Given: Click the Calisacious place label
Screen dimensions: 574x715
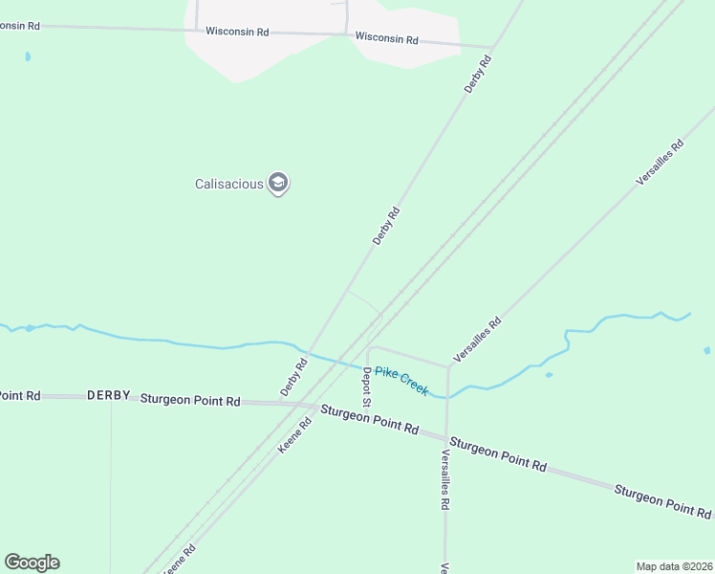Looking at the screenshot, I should (x=228, y=184).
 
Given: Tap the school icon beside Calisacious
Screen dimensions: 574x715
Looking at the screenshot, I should (x=278, y=183).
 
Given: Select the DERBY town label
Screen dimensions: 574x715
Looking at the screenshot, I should (x=108, y=395).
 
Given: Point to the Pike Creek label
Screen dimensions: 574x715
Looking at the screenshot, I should (x=401, y=381).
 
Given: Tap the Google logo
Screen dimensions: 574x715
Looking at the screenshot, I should (x=32, y=563).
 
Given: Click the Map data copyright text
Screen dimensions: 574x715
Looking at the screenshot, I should (x=674, y=566).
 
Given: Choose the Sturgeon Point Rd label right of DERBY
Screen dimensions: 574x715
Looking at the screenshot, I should (x=189, y=400).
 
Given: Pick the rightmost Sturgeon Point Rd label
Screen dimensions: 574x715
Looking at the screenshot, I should (x=662, y=501).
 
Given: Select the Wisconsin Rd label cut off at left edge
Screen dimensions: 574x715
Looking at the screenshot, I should (x=19, y=26).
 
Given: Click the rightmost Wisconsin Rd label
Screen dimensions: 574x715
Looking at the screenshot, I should (x=387, y=39).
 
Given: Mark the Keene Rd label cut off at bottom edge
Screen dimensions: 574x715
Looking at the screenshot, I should (x=181, y=558).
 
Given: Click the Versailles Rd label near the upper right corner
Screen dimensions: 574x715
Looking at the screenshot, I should (x=661, y=163).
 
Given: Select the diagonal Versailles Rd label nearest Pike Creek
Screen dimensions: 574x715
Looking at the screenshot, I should (x=477, y=340).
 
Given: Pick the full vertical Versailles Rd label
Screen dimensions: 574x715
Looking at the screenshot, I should (x=444, y=479).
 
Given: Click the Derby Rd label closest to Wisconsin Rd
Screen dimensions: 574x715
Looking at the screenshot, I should (x=478, y=74).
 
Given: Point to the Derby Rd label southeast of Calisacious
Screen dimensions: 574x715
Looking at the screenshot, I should (x=385, y=226).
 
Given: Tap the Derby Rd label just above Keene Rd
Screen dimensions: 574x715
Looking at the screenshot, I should (x=294, y=377).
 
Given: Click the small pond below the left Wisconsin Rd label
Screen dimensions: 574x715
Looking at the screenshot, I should (x=28, y=56).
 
